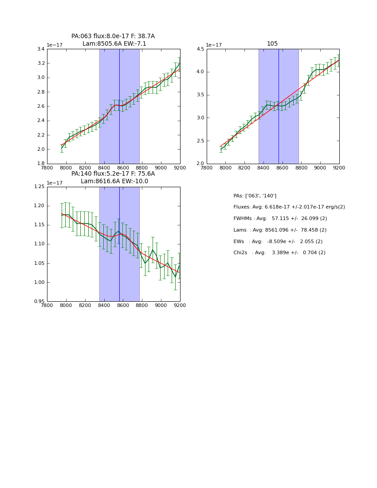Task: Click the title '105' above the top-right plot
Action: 272,43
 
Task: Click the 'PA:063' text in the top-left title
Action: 81,36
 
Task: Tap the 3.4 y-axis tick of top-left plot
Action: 40,49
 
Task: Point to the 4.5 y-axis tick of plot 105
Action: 200,49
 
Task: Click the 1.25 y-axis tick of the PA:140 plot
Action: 39,187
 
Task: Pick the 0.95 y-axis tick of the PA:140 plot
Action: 39,302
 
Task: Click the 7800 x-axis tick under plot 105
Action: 207,168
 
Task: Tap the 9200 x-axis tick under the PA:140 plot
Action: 180,306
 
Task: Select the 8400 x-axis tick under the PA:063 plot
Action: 104,168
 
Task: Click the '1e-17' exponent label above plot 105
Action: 213,45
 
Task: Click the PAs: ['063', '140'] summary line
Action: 255,196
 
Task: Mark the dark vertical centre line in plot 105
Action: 279,106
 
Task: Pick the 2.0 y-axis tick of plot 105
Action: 200,164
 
